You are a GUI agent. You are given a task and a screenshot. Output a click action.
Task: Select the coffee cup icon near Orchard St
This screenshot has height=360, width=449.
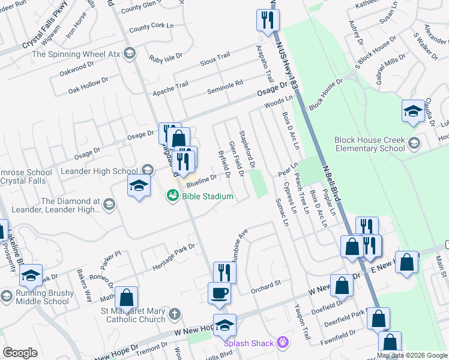[218, 293]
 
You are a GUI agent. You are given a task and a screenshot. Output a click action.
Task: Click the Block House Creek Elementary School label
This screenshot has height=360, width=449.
[370, 144]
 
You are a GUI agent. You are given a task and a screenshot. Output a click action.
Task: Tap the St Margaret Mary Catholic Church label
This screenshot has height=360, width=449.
[133, 315]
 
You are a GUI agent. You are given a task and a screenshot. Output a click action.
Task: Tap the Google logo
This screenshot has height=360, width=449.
[20, 352]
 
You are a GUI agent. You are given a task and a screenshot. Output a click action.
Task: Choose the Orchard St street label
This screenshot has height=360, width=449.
[265, 284]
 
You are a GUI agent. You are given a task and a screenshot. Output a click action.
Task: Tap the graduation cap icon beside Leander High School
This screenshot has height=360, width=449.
[138, 185]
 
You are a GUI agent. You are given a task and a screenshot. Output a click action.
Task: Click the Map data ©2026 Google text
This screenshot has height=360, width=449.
[412, 355]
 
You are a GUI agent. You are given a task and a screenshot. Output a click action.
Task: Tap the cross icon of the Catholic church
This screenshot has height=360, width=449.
[174, 314]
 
